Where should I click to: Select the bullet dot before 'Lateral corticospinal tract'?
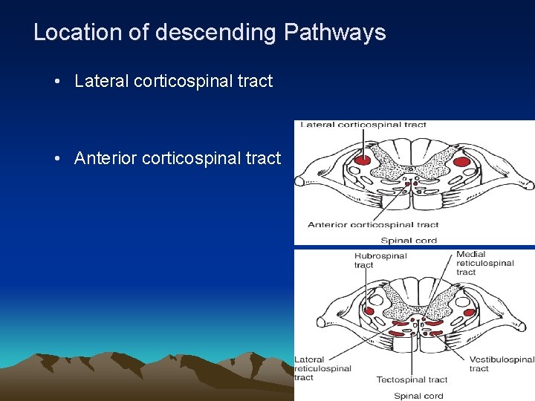57,82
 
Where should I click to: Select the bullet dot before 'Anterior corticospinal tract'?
57,158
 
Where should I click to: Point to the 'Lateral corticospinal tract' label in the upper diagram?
363,125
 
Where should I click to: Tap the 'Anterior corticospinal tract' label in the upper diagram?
373,224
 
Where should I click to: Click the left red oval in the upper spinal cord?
362,160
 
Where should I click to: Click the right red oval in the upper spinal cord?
461,161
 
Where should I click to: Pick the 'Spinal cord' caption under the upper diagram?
409,240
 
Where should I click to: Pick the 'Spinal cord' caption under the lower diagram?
418,396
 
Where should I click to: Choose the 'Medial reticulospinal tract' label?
484,263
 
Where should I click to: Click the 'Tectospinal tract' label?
412,379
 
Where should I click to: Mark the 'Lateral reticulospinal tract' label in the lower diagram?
322,368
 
